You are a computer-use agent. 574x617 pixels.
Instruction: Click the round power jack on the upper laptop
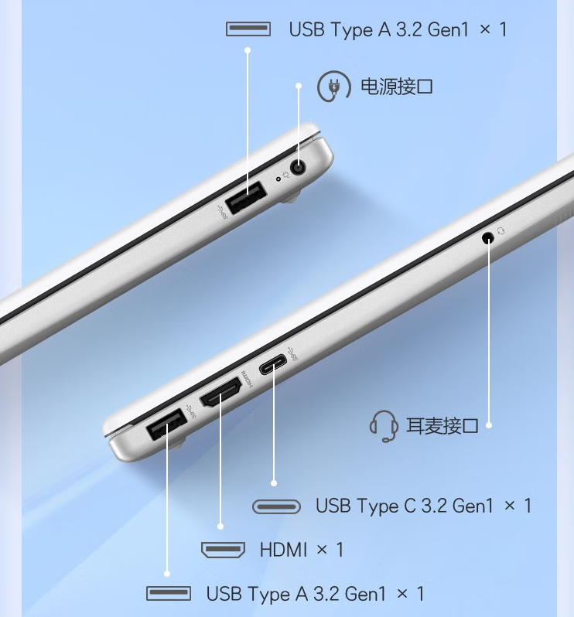point(298,168)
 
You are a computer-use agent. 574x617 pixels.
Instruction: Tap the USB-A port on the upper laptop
point(246,197)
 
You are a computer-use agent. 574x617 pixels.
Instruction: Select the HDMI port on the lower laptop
point(220,392)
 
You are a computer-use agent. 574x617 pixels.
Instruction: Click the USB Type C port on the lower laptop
point(273,364)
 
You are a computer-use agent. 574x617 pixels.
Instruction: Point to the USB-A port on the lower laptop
point(166,424)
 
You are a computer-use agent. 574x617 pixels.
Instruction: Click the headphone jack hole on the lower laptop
point(488,237)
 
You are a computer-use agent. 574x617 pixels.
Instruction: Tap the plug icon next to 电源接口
point(334,86)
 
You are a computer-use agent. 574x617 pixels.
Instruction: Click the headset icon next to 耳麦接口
point(384,426)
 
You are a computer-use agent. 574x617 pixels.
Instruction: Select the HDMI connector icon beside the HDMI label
point(223,549)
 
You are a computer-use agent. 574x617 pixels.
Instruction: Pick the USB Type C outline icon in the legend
point(276,506)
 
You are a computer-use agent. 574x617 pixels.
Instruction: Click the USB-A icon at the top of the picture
point(248,29)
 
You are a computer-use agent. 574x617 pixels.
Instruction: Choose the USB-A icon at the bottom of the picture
point(169,593)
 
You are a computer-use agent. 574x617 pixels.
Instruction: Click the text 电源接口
point(397,87)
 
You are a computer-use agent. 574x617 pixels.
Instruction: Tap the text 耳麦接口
point(442,426)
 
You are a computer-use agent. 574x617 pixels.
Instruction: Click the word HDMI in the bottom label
point(283,549)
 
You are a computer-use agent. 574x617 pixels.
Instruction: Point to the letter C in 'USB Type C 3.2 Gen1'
point(410,506)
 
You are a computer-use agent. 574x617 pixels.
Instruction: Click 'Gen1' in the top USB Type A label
point(448,29)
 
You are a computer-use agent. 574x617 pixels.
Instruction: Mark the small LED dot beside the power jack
point(278,179)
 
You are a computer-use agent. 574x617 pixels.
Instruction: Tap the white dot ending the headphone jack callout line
point(489,425)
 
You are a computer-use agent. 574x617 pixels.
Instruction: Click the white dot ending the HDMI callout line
point(220,527)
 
